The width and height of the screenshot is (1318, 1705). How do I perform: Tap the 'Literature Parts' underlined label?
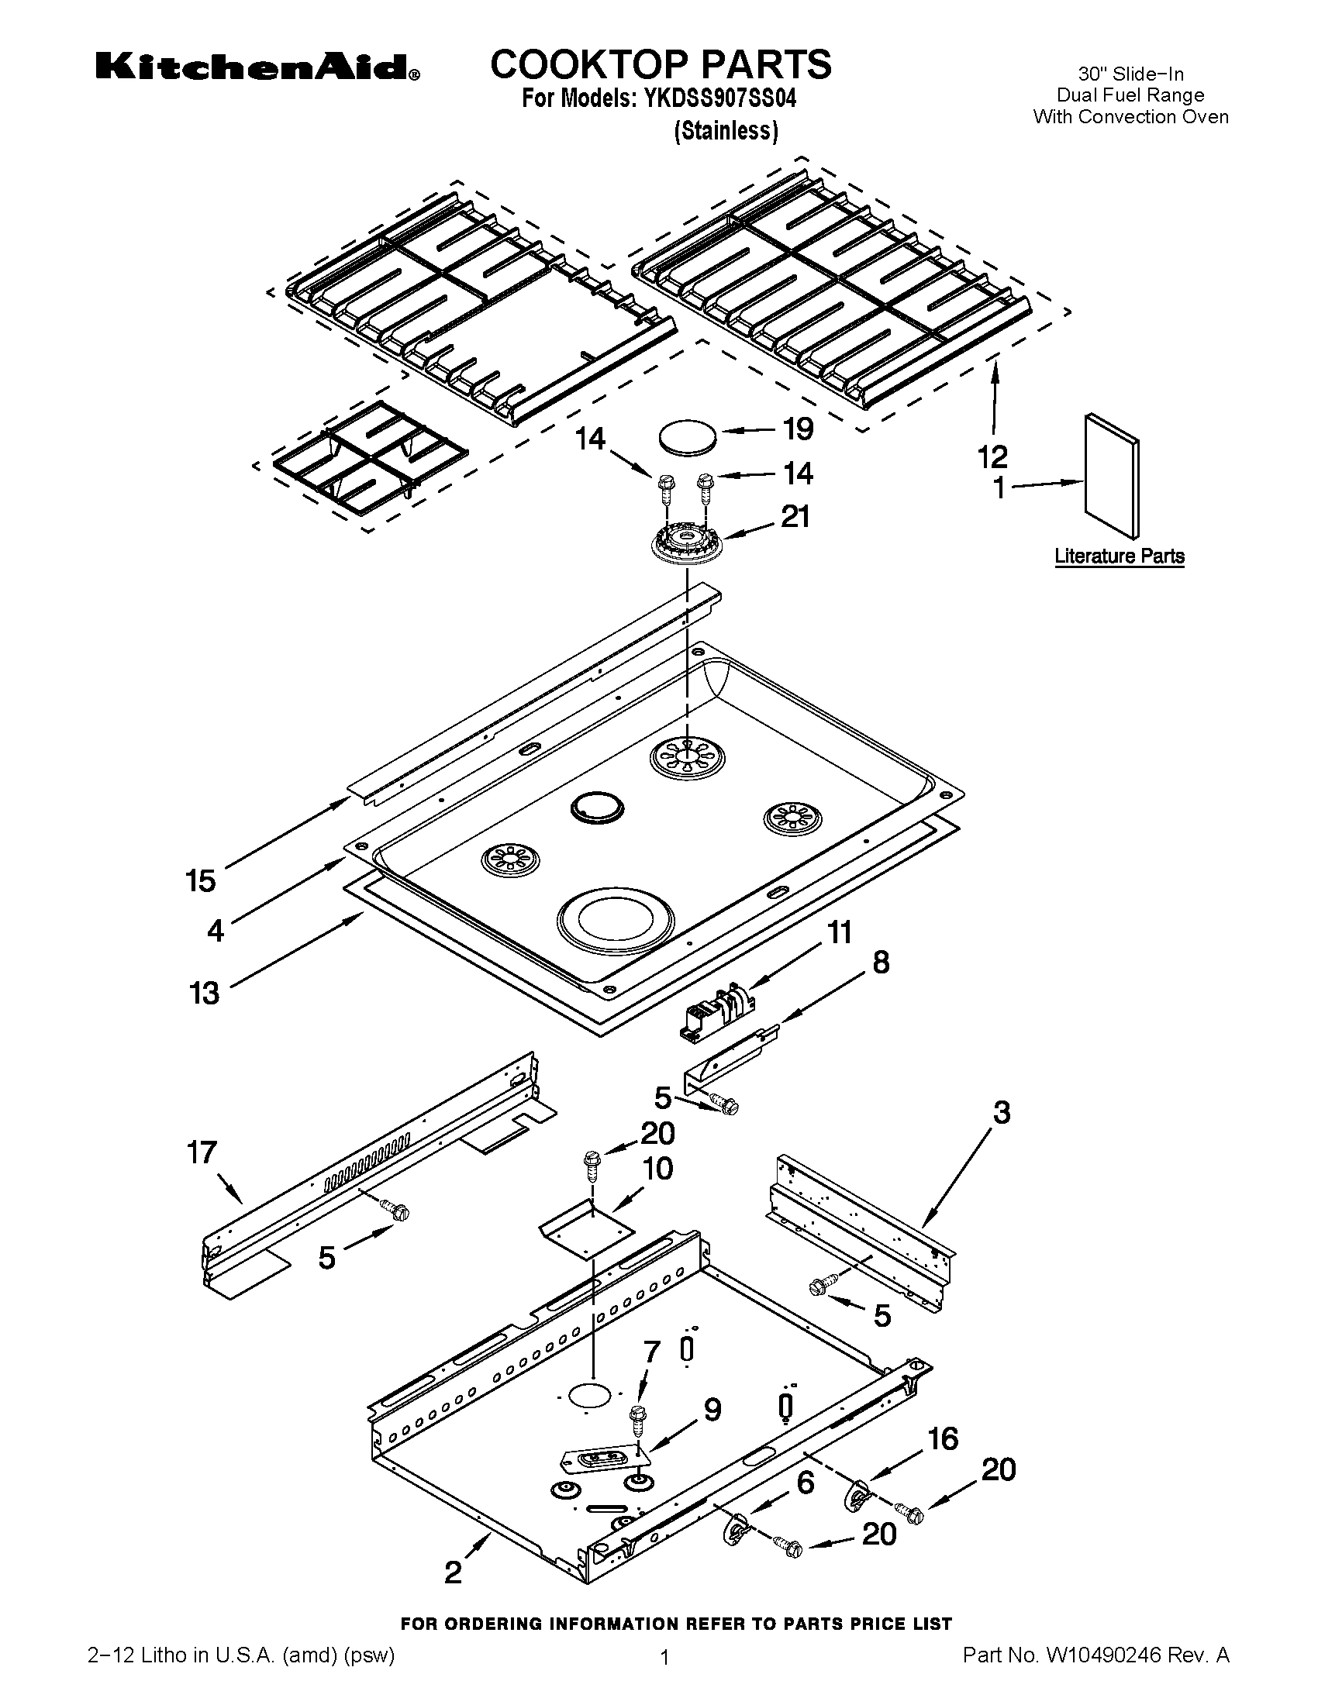click(1119, 556)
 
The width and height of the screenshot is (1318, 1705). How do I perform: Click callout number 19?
click(797, 429)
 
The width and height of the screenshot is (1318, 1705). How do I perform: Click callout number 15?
click(201, 880)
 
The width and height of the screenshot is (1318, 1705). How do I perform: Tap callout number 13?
click(204, 994)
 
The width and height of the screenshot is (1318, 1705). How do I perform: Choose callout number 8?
click(880, 963)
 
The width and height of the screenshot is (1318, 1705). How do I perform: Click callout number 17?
click(202, 1152)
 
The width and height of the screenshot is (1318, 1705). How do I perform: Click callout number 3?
click(1001, 1112)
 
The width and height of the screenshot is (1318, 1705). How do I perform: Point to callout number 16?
click(944, 1438)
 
